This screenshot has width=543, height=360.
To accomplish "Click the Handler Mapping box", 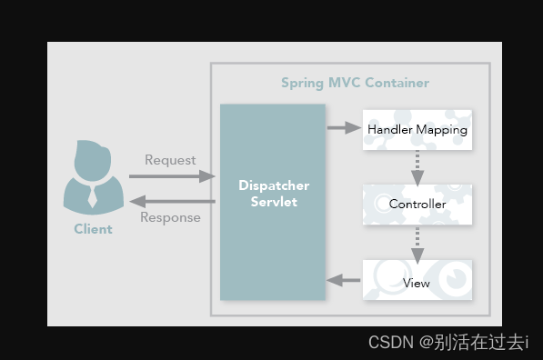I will [417, 130].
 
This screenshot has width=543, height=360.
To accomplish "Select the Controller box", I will [417, 205].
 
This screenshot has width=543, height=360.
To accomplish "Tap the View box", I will [417, 283].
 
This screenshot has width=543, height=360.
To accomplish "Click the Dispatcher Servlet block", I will [273, 202].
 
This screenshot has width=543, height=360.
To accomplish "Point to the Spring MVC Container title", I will [355, 83].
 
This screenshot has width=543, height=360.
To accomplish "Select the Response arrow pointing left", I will [170, 201].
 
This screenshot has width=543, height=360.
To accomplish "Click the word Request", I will [170, 160].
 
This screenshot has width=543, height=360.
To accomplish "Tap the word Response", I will [170, 218].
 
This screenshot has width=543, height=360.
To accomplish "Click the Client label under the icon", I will [93, 229].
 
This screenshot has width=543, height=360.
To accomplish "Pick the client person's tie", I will [93, 195].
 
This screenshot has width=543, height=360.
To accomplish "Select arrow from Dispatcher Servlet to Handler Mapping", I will [344, 128].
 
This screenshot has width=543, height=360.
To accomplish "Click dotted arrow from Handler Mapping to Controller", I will [417, 166].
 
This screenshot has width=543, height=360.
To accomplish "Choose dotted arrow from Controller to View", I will [417, 242].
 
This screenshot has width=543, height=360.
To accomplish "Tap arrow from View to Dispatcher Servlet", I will [344, 281].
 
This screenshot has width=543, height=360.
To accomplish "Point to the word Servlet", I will [274, 202].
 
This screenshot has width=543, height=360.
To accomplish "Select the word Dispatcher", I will [274, 185].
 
